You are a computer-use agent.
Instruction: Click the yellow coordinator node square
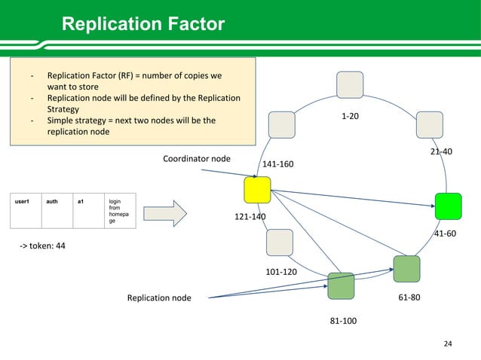(258, 188)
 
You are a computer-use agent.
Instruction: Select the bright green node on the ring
(448, 205)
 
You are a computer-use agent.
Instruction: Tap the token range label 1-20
(350, 117)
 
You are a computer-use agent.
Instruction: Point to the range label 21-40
(441, 151)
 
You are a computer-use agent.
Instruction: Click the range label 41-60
(446, 233)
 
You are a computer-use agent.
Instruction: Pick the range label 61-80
(409, 297)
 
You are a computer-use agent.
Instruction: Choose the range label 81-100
(343, 322)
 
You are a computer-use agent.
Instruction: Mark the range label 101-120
(280, 271)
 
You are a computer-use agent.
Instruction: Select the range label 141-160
(277, 163)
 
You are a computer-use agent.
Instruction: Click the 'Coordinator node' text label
(197, 158)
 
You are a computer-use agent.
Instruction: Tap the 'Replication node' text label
(159, 298)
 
